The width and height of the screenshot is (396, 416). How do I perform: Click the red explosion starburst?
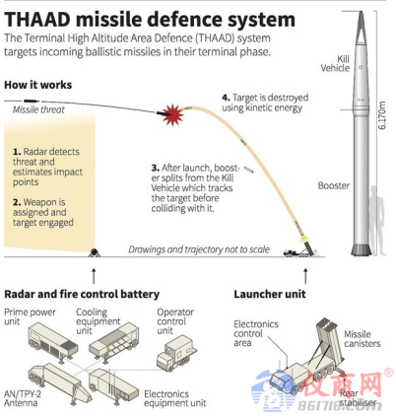(x=172, y=114)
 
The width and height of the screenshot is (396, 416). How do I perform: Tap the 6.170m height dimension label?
(x=381, y=115)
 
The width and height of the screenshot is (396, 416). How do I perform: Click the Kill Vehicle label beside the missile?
(x=335, y=63)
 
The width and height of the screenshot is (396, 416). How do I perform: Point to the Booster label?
(x=333, y=185)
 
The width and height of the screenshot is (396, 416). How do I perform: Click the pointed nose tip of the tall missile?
(x=361, y=12)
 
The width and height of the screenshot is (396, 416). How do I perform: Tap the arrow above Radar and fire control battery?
(x=94, y=276)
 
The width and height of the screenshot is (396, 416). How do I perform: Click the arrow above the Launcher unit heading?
(x=305, y=276)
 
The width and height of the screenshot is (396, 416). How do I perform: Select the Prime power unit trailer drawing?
(x=53, y=341)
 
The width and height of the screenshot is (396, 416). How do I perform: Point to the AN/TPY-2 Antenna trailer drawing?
(x=54, y=382)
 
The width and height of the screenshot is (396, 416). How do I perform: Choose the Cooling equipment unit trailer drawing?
(x=113, y=342)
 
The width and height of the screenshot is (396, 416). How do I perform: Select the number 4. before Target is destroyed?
(x=226, y=98)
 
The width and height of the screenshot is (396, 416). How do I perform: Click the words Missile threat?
(x=38, y=109)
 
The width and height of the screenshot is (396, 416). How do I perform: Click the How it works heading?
(x=37, y=85)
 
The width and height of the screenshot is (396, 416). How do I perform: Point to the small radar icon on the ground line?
(x=94, y=252)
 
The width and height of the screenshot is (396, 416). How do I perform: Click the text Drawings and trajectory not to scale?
(x=199, y=249)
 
